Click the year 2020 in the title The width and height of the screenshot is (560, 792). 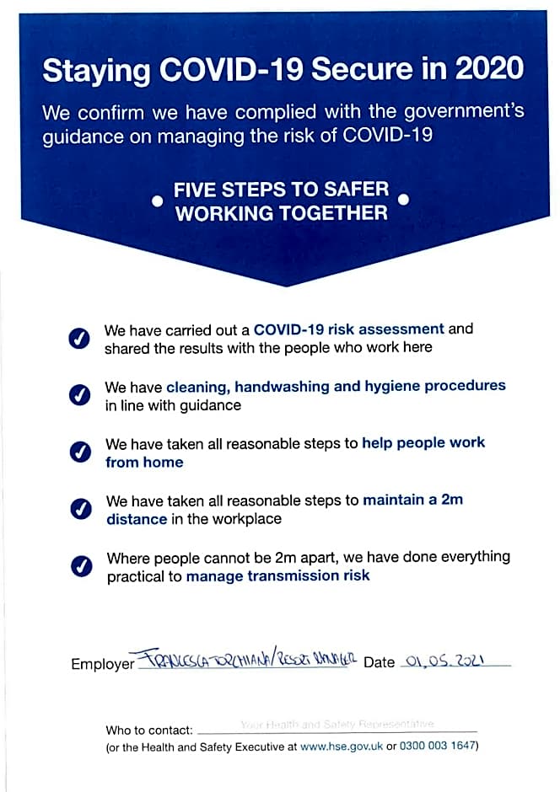click(490, 69)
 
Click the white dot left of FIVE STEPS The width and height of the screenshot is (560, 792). click(157, 202)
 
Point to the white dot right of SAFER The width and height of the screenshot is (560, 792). click(403, 200)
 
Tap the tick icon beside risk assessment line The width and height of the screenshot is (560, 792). click(79, 338)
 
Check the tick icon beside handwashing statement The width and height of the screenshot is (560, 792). click(79, 395)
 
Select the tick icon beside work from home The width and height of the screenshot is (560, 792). click(80, 452)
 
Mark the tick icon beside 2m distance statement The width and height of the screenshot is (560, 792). click(81, 509)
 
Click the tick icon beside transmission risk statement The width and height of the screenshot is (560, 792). click(81, 566)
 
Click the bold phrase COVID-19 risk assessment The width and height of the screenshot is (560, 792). click(348, 329)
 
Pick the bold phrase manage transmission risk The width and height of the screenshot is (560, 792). click(277, 576)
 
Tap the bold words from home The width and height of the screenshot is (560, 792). click(144, 462)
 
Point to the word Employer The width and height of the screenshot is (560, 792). click(103, 664)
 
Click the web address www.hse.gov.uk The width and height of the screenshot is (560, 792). click(342, 746)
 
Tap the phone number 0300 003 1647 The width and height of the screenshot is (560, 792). click(438, 746)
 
